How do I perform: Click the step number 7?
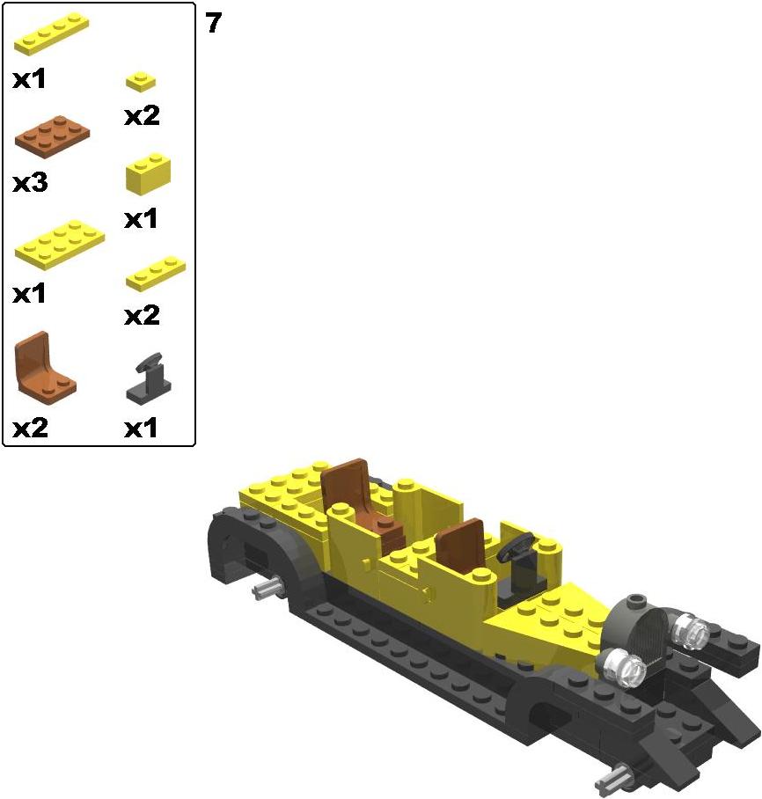pyautogui.click(x=214, y=23)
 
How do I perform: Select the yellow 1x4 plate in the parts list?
pyautogui.click(x=52, y=33)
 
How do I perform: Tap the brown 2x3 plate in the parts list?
pyautogui.click(x=53, y=136)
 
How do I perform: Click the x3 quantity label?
pyautogui.click(x=30, y=182)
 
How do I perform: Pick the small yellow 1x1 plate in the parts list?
pyautogui.click(x=141, y=82)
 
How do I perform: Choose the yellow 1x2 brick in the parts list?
pyautogui.click(x=149, y=173)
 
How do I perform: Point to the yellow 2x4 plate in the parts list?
pyautogui.click(x=60, y=245)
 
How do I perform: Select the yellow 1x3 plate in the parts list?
pyautogui.click(x=156, y=274)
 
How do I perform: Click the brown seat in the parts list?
pyautogui.click(x=45, y=369)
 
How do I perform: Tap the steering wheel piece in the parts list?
pyautogui.click(x=149, y=379)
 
